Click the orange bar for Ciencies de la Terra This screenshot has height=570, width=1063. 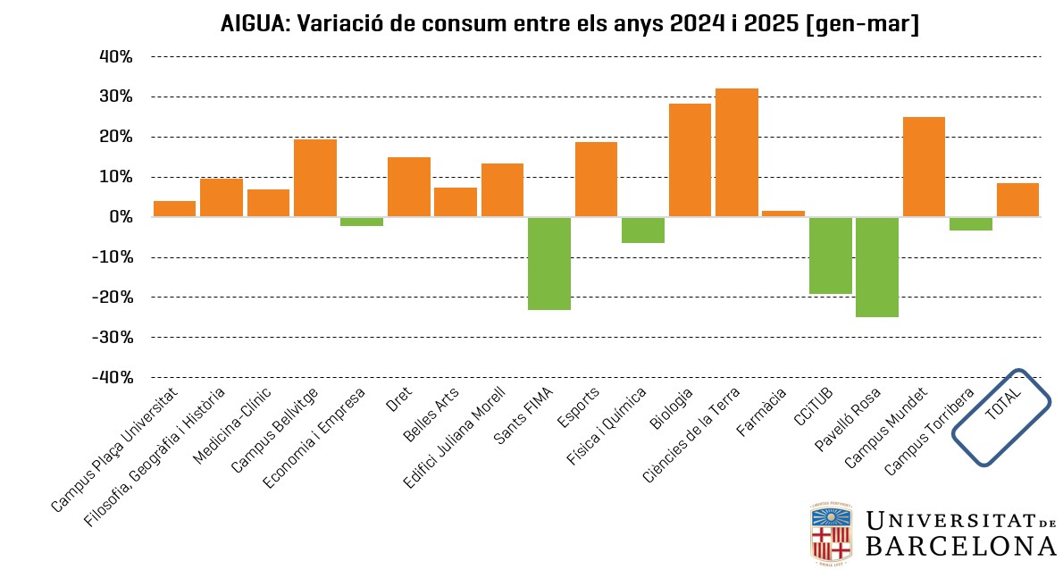(x=736, y=153)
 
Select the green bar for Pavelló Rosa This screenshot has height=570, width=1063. (x=876, y=267)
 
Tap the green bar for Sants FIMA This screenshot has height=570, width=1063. (x=548, y=264)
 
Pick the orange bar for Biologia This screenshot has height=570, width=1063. (x=690, y=161)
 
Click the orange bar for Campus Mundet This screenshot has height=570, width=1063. (x=924, y=167)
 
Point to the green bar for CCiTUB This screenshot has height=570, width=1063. (x=830, y=256)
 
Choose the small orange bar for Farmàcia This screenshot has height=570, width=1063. (x=783, y=214)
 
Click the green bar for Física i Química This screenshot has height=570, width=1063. (x=642, y=231)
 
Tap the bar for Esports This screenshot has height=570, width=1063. (x=596, y=180)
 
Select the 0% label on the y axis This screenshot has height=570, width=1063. (x=121, y=217)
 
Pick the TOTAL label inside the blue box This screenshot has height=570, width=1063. (x=1003, y=407)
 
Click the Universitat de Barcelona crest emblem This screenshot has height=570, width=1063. (x=831, y=533)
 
